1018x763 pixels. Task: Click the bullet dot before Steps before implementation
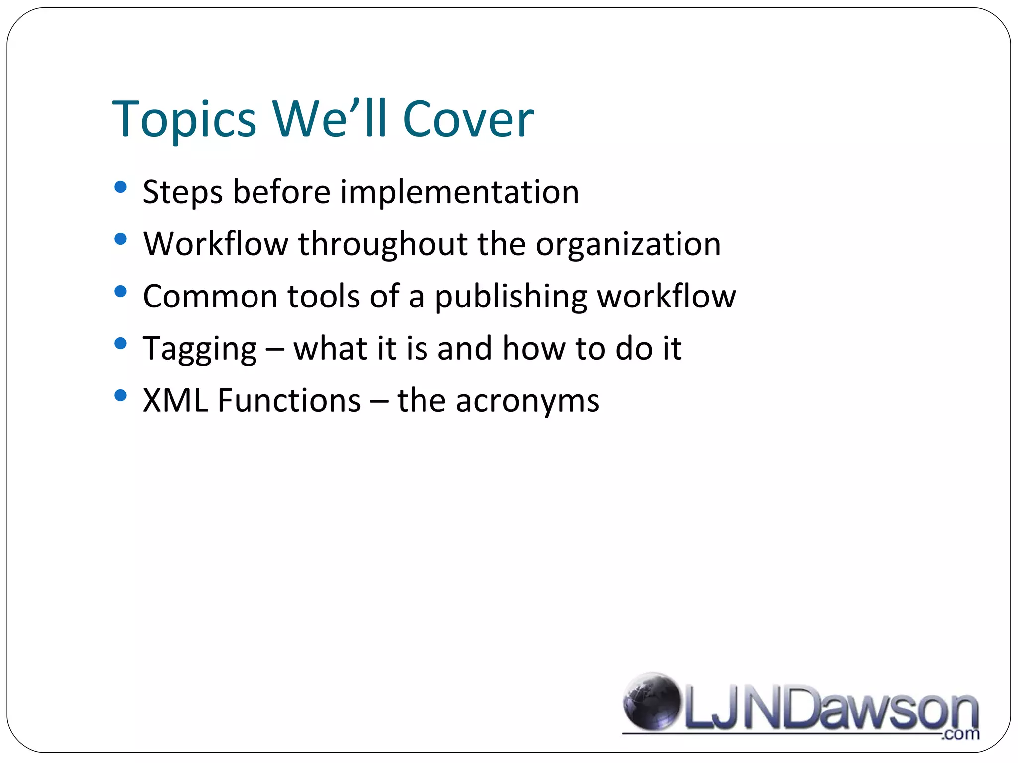click(120, 187)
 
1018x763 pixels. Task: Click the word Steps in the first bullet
click(182, 192)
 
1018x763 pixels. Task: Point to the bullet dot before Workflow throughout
click(120, 239)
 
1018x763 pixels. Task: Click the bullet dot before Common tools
click(120, 292)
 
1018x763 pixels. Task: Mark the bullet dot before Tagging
click(120, 344)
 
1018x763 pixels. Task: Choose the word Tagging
click(199, 349)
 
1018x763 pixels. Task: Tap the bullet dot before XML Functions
click(120, 396)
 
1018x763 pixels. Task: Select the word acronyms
click(527, 401)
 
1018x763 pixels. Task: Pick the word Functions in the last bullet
click(289, 401)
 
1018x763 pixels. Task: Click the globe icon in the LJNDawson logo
click(652, 702)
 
